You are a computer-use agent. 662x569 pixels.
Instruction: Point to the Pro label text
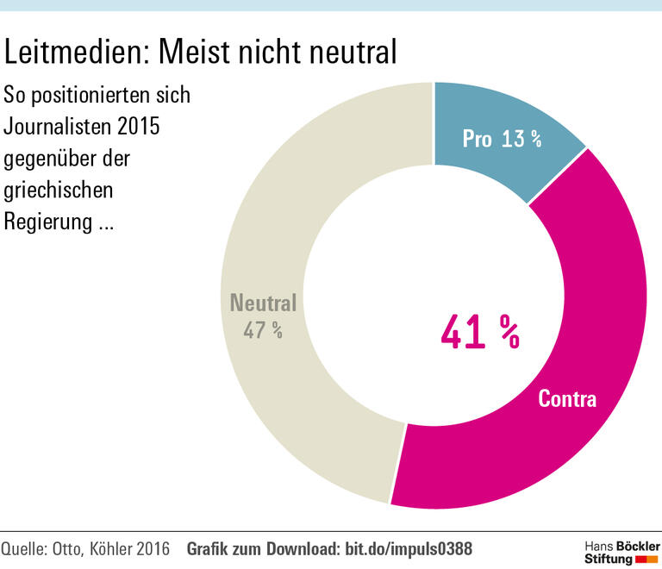[477, 139]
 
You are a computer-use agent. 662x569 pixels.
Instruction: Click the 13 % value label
[521, 139]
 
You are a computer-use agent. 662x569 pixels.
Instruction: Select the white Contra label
[567, 398]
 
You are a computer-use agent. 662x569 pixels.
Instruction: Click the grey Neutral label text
[263, 303]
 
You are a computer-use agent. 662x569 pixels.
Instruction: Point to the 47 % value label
[263, 330]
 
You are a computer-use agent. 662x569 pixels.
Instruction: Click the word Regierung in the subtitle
[47, 221]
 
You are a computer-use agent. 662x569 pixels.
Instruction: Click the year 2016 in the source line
[151, 549]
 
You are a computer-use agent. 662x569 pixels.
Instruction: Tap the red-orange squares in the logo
[646, 560]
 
